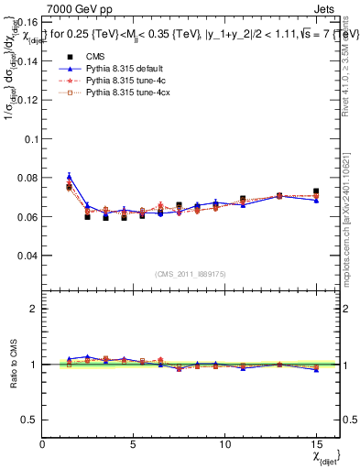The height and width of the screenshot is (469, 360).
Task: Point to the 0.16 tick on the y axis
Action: click(27, 22)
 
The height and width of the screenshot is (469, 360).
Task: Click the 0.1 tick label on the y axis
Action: click(29, 139)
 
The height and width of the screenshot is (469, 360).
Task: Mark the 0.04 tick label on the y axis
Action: click(27, 256)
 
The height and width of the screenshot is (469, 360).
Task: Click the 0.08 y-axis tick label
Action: click(27, 178)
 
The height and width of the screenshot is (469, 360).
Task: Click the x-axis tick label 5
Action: click(134, 443)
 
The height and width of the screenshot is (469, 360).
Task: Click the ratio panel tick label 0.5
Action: click(29, 420)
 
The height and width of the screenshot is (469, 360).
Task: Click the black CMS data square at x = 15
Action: click(316, 191)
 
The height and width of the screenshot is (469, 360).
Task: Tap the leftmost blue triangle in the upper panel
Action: click(69, 177)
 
